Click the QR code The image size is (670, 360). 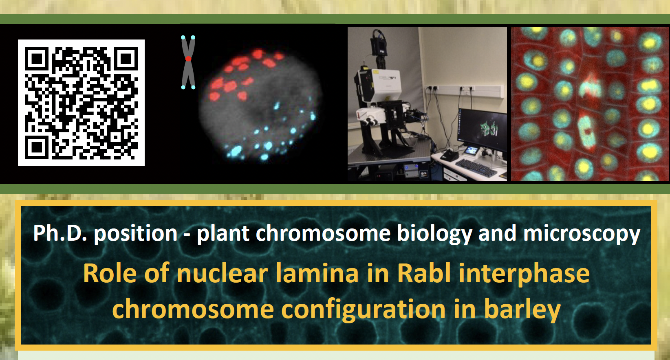coord(82,103)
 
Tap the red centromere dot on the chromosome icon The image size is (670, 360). coord(188,59)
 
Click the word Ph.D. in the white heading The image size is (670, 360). coord(60,233)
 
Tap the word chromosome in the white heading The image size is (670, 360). coord(323,234)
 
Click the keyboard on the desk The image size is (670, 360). coord(476,168)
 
